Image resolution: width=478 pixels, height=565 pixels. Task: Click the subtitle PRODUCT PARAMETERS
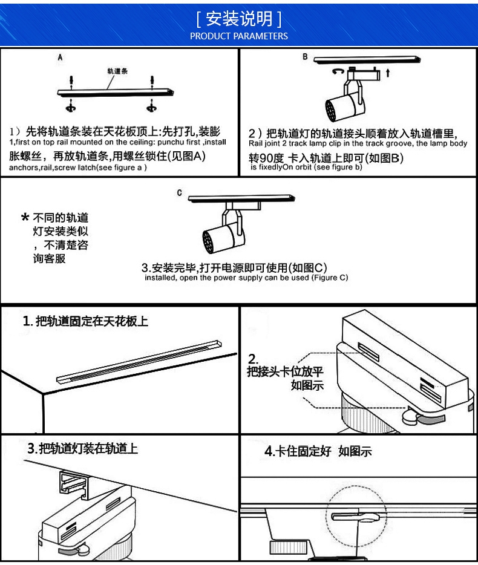click(239, 36)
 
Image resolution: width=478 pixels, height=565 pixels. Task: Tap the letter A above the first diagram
click(60, 58)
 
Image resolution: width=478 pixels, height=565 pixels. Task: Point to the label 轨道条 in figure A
click(117, 71)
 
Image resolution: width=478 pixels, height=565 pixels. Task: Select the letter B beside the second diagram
click(305, 57)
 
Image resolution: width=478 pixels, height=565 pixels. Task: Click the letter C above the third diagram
click(179, 193)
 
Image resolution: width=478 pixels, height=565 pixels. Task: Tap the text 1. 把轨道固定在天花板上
click(85, 321)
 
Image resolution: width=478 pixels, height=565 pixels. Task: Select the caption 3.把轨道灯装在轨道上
click(83, 449)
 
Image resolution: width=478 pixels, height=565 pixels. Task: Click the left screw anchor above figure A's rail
click(72, 80)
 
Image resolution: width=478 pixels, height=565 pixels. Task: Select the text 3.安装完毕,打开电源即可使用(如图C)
click(234, 267)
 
